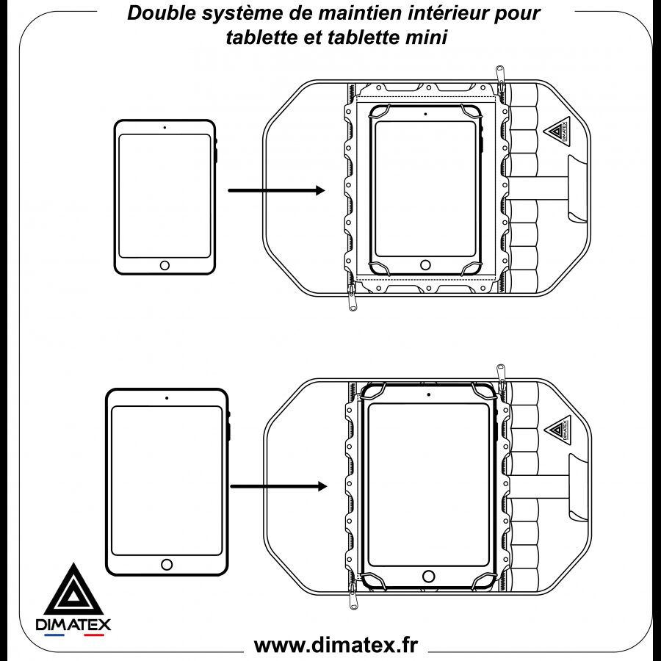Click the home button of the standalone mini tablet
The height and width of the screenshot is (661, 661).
165,265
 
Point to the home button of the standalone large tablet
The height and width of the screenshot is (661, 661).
167,564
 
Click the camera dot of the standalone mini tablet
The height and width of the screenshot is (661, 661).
165,128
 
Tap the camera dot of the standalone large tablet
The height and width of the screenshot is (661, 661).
167,398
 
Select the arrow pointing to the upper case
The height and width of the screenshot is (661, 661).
276,191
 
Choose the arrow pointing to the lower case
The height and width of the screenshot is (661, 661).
278,486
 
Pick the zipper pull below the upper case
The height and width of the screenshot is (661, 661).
353,302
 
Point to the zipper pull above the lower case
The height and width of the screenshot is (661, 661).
500,372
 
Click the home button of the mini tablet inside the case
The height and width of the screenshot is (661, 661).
425,264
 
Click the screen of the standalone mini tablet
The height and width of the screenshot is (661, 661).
165,195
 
